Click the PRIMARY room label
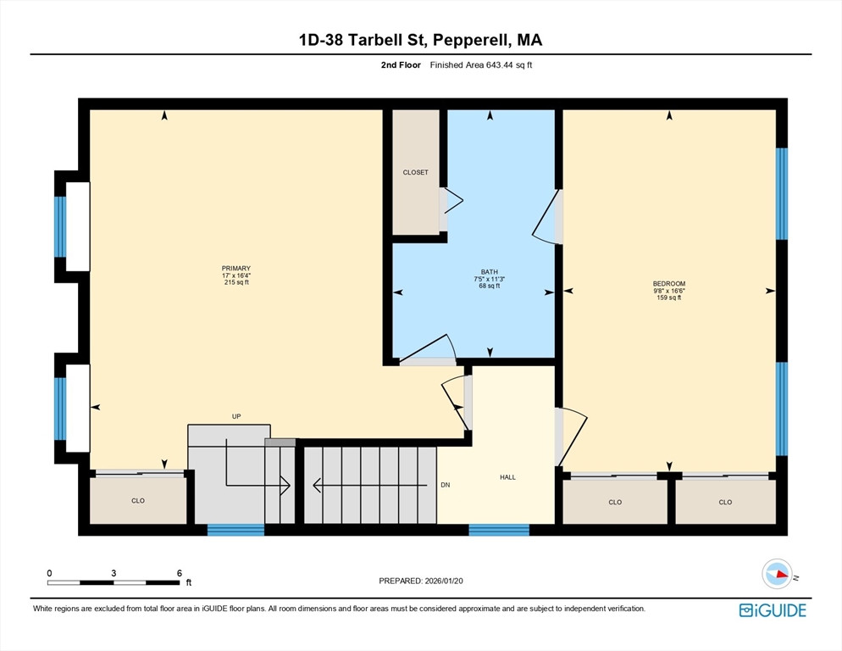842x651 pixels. coord(236,268)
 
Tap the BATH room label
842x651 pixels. coord(490,272)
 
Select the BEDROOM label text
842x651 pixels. coord(669,284)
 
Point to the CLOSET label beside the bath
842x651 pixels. coord(416,173)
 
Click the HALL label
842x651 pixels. coord(507,477)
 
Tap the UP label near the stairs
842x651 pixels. coord(236,416)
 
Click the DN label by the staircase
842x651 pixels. coord(446,485)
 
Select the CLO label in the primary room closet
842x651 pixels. coord(138,500)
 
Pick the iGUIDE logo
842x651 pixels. coord(773,610)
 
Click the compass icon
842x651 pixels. coord(778,574)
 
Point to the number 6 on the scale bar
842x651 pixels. coord(180,573)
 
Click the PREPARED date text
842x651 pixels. coord(421,581)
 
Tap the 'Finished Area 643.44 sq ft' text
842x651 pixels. coord(481,65)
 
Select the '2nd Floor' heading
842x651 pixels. coord(401,65)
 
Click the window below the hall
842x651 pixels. coord(499,530)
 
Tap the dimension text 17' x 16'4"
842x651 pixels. coord(236,275)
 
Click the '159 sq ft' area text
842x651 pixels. coord(669,298)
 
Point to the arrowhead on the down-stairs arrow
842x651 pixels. coord(317,486)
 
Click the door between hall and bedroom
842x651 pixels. coord(571,436)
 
